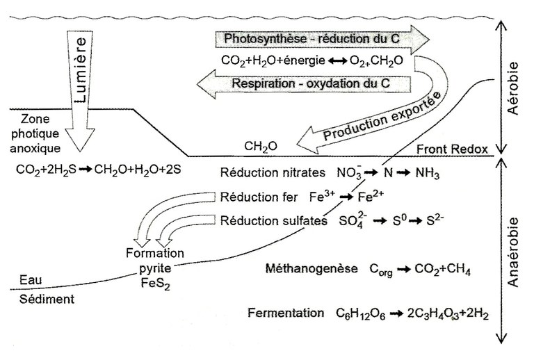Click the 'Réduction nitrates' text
[x=264, y=172]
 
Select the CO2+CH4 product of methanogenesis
[x=442, y=270]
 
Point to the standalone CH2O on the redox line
[x=261, y=147]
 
